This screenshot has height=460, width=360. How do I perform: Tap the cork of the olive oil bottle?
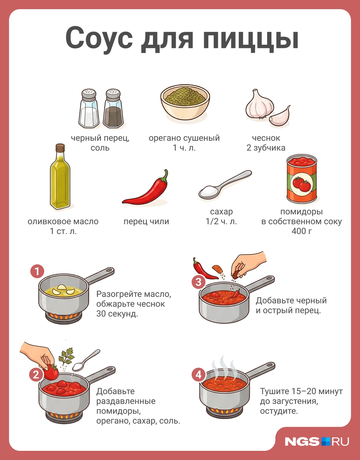pos(60,147)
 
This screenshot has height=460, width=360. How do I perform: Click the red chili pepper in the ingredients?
pos(146,187)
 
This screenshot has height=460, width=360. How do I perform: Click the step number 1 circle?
pos(37,271)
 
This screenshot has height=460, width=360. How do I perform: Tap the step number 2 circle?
pos(36,374)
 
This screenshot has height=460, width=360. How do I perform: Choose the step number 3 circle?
pos(199,282)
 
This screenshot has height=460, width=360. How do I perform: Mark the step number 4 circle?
pos(199,375)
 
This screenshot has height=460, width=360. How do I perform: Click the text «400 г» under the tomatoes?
pos(301,231)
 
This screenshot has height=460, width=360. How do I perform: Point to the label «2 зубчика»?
pos(266,148)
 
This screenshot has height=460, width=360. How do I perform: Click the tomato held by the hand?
pos(51,372)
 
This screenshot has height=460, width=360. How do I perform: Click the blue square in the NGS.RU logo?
pos(326,441)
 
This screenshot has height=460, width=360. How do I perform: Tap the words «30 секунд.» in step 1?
pos(117,314)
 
